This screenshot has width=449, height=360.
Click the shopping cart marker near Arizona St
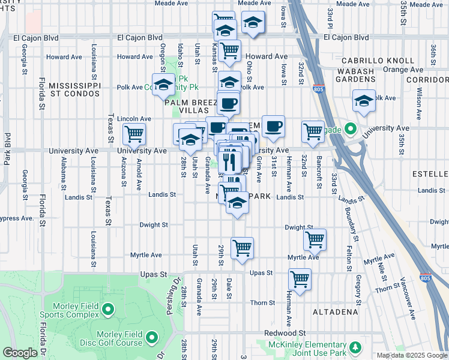[x=133, y=133]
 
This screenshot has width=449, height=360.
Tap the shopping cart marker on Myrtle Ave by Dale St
[x=242, y=247]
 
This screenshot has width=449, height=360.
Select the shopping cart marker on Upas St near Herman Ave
[x=300, y=278]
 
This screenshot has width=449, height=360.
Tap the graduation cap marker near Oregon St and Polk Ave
[x=162, y=85]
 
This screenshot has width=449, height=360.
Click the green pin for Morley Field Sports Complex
[x=107, y=310]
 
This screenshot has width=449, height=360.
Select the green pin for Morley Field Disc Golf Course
[x=151, y=338]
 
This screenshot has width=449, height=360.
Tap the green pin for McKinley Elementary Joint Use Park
[x=355, y=347]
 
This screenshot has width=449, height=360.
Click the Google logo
[x=20, y=353]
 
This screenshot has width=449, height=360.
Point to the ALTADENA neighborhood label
[x=335, y=312]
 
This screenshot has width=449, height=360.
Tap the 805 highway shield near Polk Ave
[x=318, y=89]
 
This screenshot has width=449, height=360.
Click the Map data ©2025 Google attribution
[x=411, y=355]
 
